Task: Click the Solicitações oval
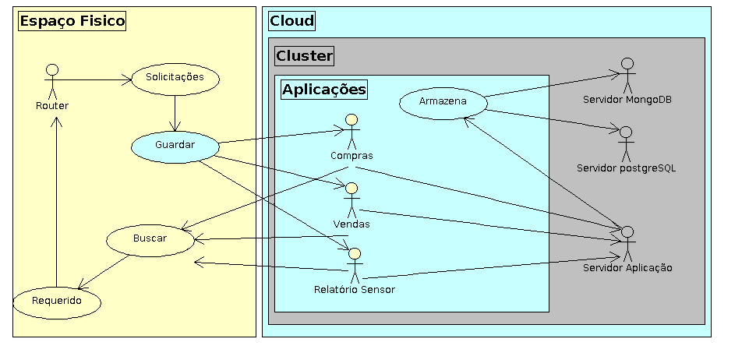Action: point(175,78)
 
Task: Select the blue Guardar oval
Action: point(175,145)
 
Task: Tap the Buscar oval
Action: point(150,239)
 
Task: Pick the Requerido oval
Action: point(57,302)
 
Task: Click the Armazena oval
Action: point(443,103)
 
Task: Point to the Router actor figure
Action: point(51,82)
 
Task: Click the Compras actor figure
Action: point(351,130)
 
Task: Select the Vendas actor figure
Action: point(352,199)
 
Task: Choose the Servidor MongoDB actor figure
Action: point(627,75)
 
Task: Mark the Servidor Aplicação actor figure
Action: point(627,243)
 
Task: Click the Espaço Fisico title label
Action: point(72,21)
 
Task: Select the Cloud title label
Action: point(292,21)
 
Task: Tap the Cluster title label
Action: point(304,55)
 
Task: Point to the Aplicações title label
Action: point(323,90)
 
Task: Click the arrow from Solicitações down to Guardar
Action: point(175,112)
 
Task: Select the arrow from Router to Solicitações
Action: point(94,79)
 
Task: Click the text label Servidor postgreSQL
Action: point(627,168)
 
